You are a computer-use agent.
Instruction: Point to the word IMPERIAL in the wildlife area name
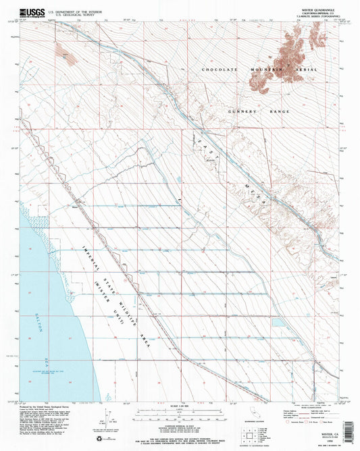click(x=91, y=257)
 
